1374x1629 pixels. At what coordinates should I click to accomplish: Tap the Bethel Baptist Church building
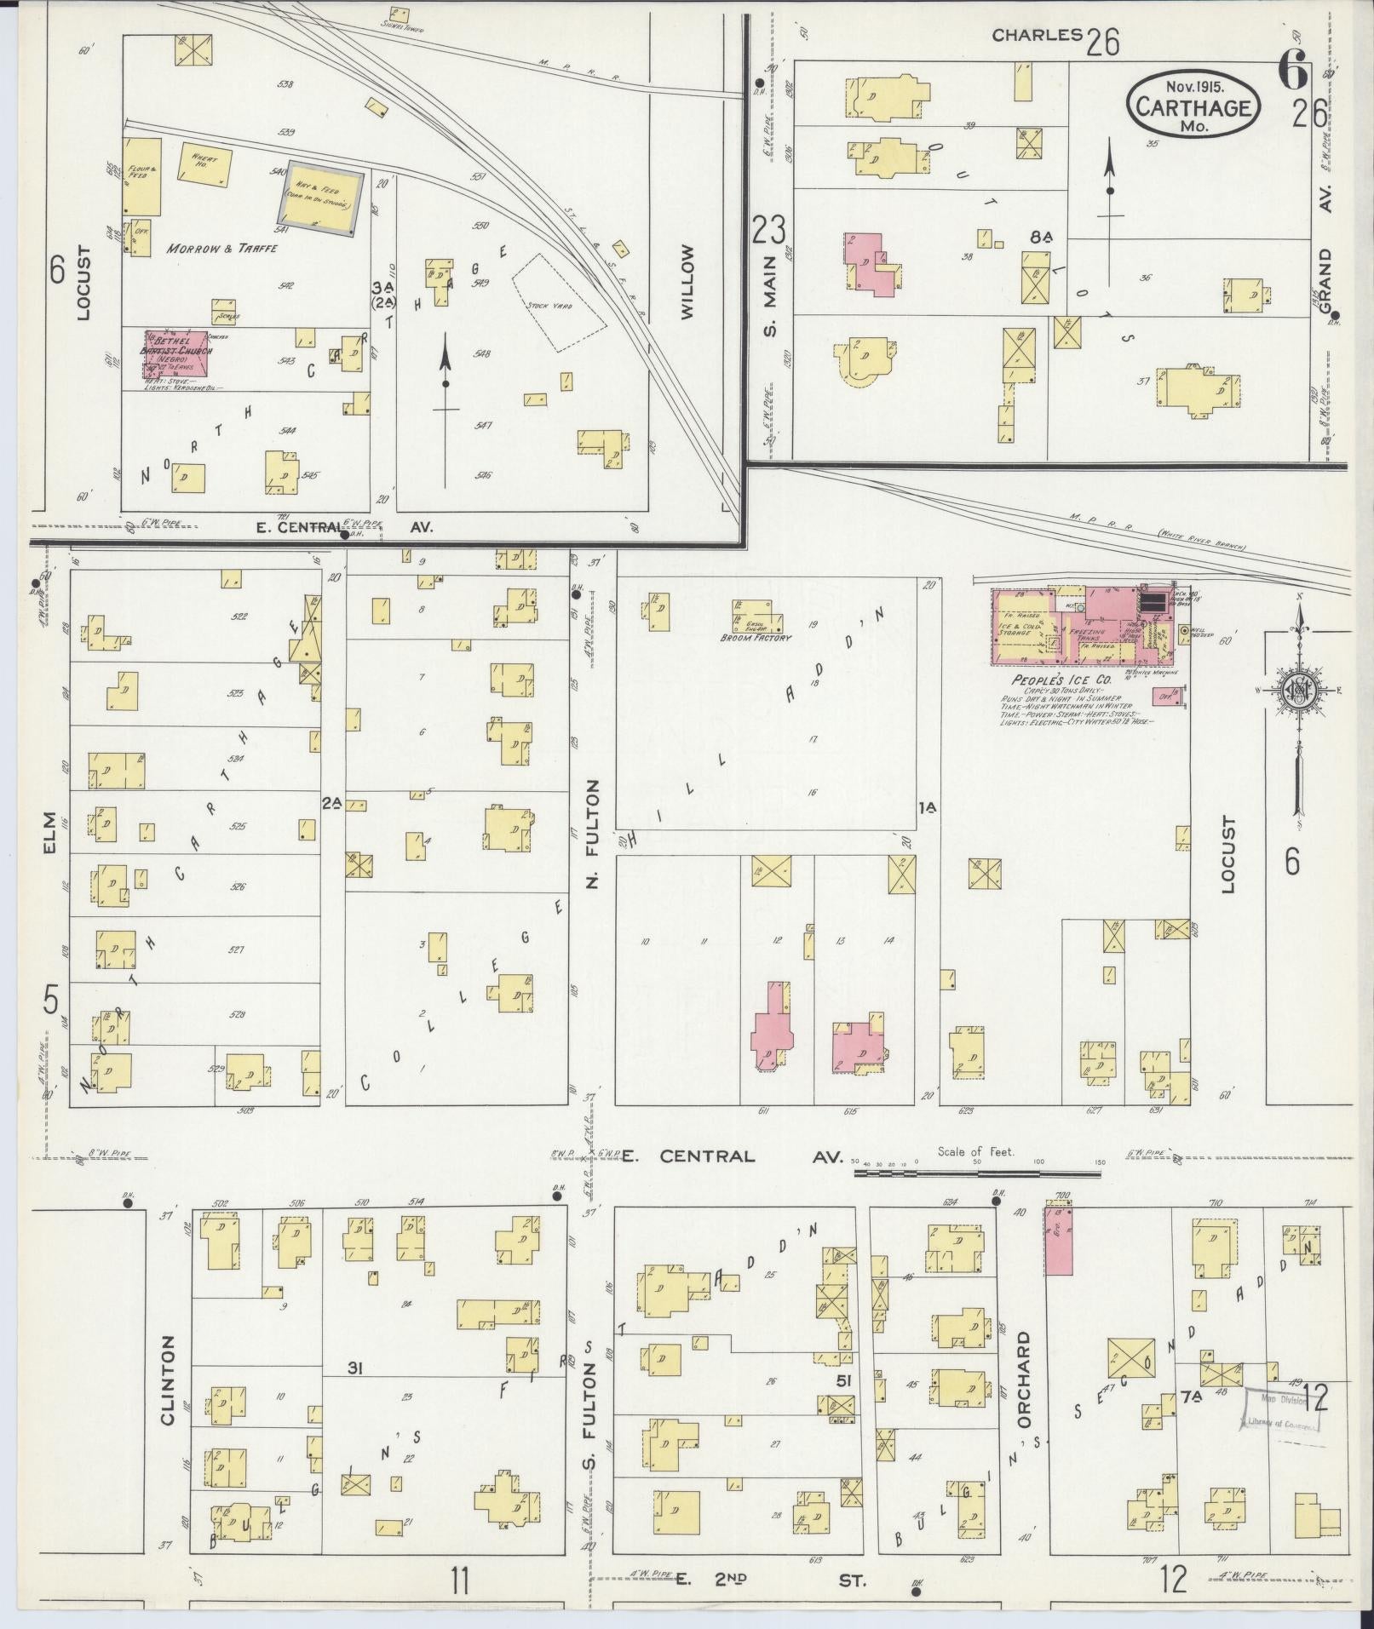175,353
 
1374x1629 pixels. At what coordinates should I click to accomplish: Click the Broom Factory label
756,638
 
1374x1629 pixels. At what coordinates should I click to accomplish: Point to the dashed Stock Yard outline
559,302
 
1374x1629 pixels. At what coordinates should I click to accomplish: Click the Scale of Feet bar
977,1173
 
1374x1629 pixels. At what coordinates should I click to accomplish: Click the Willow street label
688,282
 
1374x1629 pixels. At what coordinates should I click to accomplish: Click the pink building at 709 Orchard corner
1058,1242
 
